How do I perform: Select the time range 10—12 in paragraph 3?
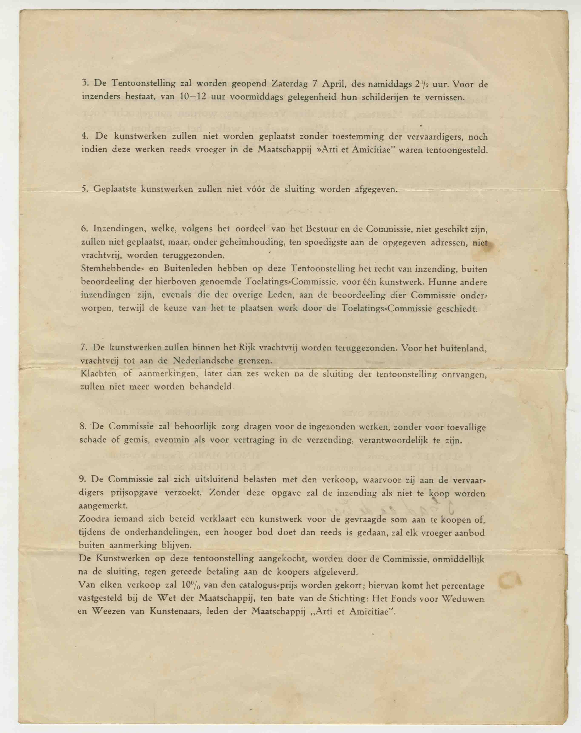[193, 97]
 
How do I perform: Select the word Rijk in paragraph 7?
[245, 348]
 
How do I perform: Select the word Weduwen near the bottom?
[463, 598]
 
